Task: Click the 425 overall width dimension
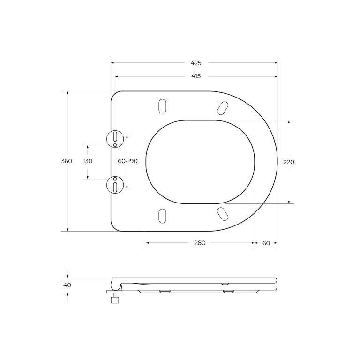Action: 195,63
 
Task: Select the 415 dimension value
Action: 195,76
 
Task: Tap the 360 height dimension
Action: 67,161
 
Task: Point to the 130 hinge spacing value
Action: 88,161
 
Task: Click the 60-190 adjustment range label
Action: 127,161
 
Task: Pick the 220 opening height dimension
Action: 289,162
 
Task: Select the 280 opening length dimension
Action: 200,243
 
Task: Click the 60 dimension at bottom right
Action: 266,243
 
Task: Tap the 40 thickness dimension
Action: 67,285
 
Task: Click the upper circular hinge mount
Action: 115,138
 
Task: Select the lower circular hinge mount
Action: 115,184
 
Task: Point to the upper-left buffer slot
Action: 162,106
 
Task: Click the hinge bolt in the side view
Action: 114,297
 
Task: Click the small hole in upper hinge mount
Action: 115,145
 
